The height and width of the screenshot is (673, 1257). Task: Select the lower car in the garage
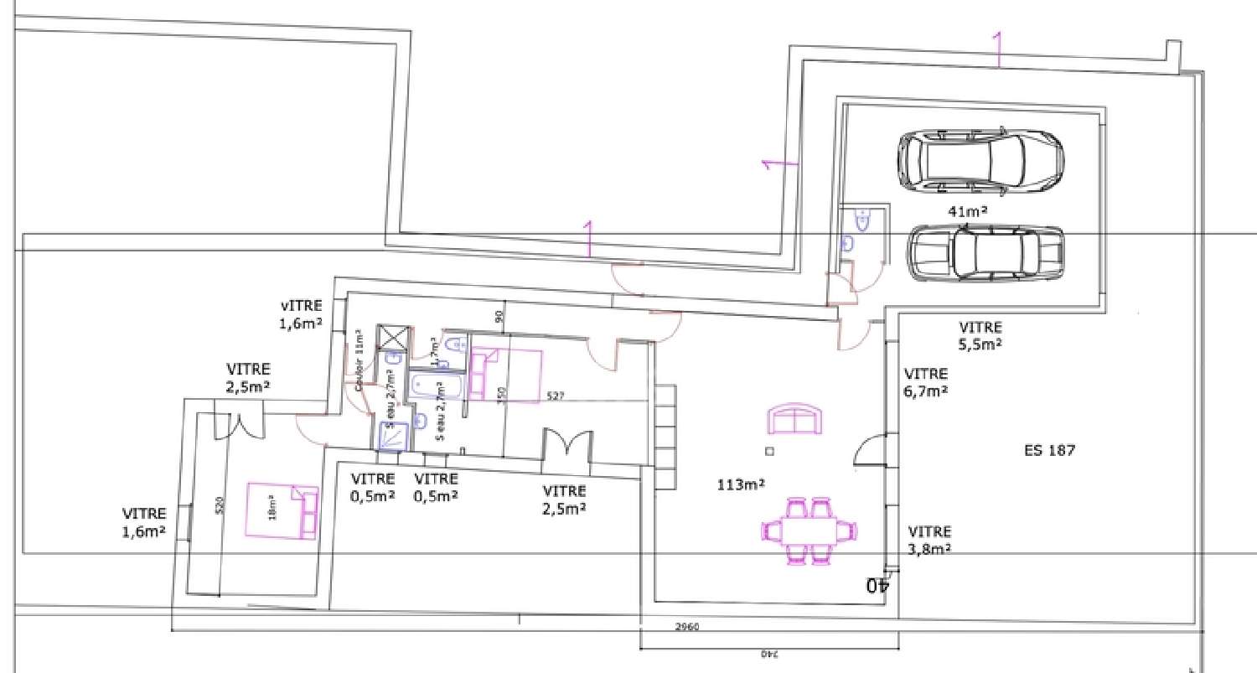click(x=985, y=252)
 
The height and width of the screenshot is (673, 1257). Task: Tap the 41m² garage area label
click(x=967, y=211)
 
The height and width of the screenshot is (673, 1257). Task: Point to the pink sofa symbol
click(x=795, y=419)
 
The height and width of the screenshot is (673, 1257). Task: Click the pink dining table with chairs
click(x=810, y=531)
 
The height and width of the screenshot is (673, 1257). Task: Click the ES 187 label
click(x=1049, y=450)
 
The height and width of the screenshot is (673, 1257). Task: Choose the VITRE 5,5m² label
click(x=980, y=335)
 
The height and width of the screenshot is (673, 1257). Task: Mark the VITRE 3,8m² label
click(x=930, y=540)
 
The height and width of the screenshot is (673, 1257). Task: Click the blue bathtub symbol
click(x=438, y=386)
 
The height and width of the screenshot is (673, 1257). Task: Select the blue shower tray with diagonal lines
click(x=391, y=436)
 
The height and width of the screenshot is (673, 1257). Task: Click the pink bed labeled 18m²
click(x=282, y=510)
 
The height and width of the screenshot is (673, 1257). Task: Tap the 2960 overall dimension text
click(x=686, y=627)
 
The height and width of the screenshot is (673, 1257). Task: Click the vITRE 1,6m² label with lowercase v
click(x=302, y=313)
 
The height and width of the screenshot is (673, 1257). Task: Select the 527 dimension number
click(x=556, y=396)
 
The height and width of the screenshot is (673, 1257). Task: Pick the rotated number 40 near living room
click(x=877, y=585)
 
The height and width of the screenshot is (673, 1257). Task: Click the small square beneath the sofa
click(x=770, y=451)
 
